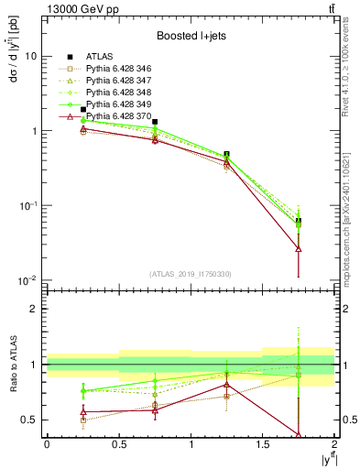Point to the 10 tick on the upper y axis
click(x=31, y=56)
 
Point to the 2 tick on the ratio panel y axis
click(x=35, y=309)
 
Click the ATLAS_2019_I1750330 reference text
click(x=191, y=273)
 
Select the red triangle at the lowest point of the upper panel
click(x=299, y=248)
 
